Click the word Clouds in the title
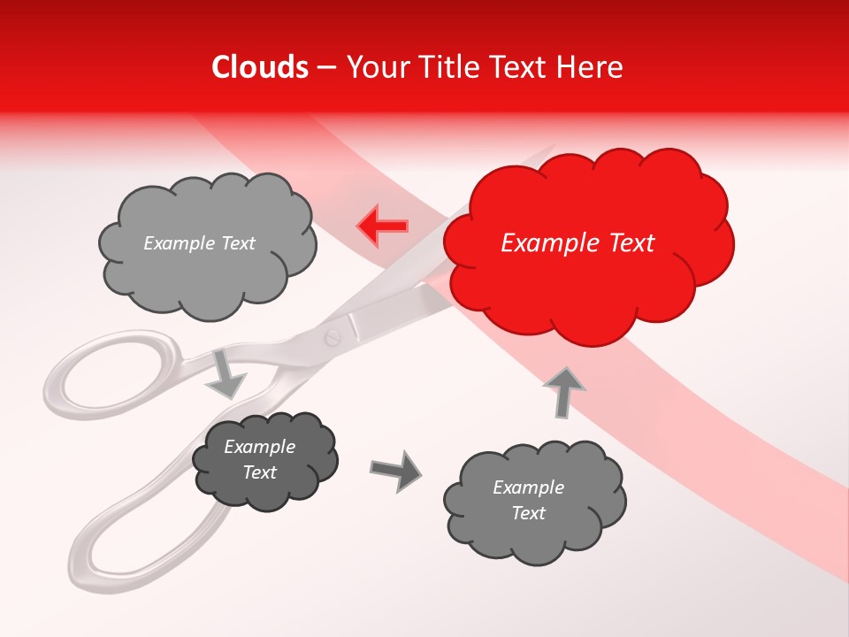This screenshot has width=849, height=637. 260,67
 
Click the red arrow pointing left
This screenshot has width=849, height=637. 383,226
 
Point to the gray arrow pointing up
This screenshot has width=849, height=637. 563,392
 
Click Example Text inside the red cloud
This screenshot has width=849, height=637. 577,243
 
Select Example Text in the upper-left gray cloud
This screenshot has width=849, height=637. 199,243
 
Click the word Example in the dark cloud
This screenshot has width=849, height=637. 259,447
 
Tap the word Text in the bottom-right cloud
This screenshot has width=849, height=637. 528,513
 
